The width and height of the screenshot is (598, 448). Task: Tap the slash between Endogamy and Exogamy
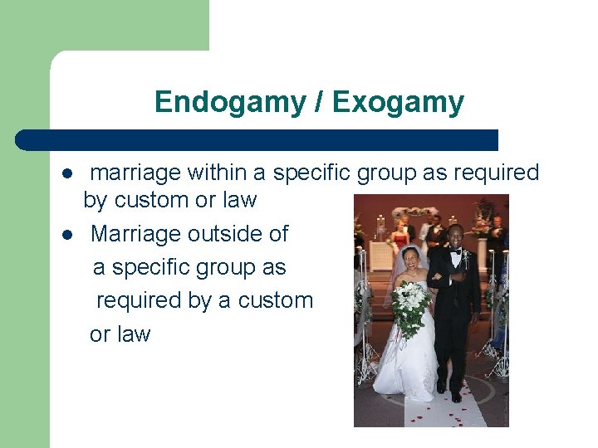coord(319,102)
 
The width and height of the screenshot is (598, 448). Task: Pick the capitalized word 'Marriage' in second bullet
coord(135,234)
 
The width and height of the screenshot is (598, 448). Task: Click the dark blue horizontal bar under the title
coord(257,139)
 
